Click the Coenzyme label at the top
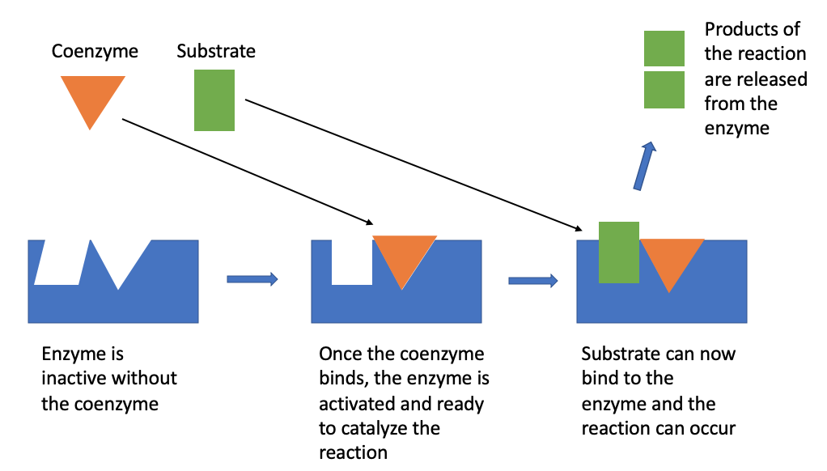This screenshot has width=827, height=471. (95, 52)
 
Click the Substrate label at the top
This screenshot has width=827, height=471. (216, 52)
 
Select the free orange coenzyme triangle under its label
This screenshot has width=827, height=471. (92, 95)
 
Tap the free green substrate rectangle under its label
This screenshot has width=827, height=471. (214, 100)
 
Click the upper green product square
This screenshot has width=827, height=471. (664, 49)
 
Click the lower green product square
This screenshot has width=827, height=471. (664, 90)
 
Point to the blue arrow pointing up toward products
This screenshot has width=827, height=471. (644, 166)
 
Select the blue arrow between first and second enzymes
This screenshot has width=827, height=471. (252, 279)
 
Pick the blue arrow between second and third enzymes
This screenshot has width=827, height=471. (533, 281)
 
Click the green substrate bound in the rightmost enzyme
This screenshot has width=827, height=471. (619, 252)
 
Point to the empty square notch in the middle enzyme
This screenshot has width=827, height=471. (352, 261)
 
